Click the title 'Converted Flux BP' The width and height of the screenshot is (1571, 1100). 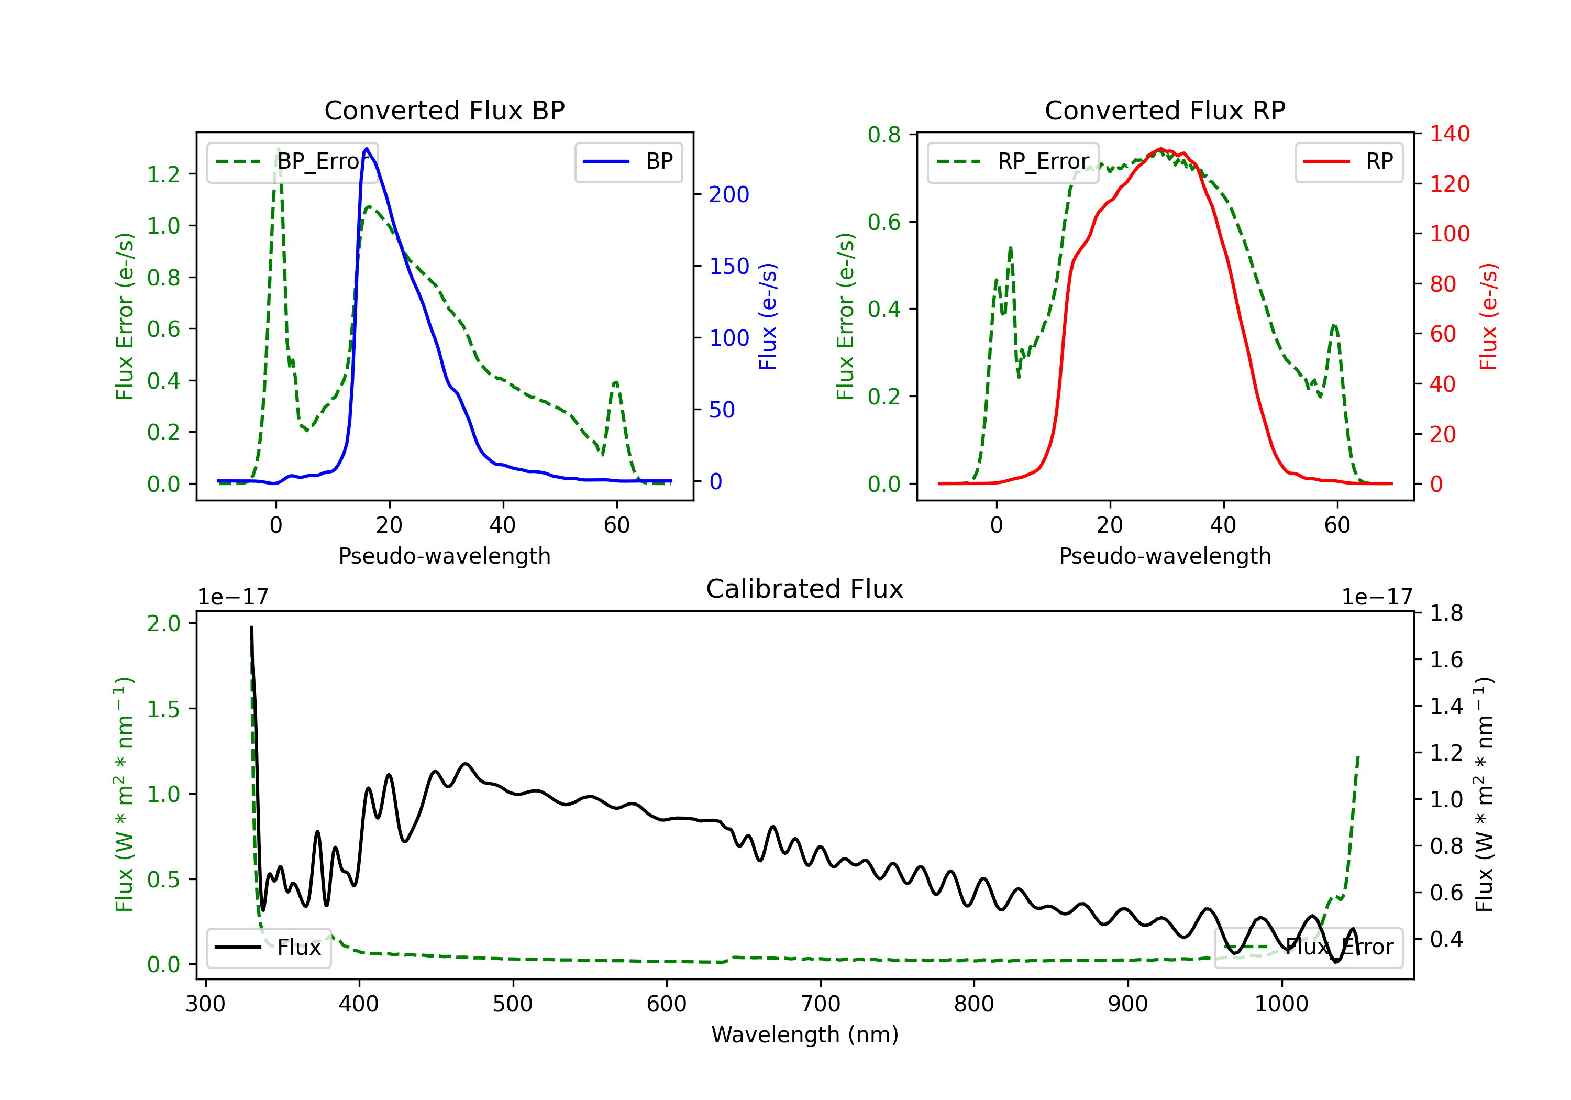click(444, 110)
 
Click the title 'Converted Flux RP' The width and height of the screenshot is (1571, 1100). click(1165, 110)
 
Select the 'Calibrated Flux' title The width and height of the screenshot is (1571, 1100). click(805, 589)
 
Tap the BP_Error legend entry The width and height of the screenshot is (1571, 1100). click(293, 161)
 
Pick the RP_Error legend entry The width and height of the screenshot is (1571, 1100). click(1013, 161)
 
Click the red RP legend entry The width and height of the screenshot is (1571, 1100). click(1348, 161)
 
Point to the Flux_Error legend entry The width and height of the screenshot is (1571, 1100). click(1308, 948)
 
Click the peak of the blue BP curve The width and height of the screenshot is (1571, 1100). click(367, 149)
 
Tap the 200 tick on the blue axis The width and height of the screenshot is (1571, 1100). click(729, 194)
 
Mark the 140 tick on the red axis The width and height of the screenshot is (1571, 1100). click(1449, 134)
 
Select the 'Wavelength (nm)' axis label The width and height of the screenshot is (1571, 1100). click(805, 1035)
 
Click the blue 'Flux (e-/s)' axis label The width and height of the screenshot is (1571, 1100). click(768, 316)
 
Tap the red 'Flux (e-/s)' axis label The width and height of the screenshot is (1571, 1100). click(1488, 316)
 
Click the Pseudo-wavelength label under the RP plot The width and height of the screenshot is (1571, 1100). click(1165, 556)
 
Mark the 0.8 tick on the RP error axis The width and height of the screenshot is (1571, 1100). click(884, 135)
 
